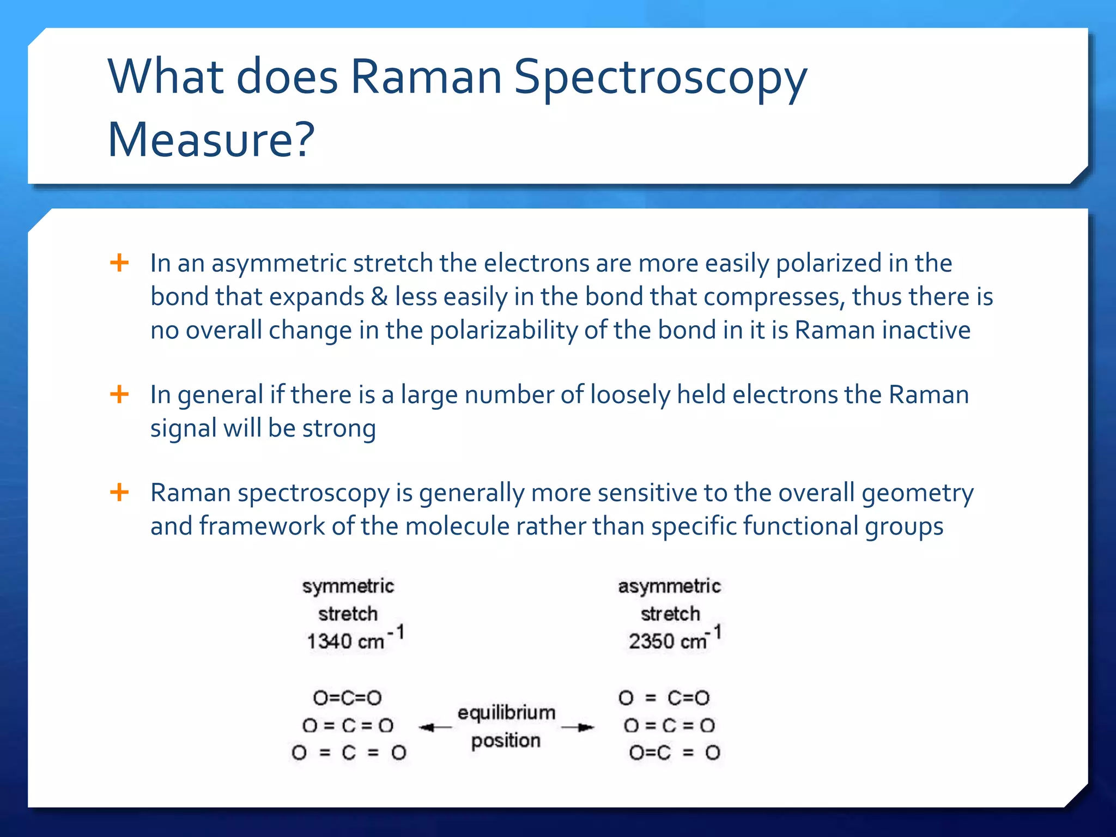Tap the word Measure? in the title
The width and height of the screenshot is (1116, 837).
211,140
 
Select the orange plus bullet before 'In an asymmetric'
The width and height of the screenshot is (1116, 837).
119,263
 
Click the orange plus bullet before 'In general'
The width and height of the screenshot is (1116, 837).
119,394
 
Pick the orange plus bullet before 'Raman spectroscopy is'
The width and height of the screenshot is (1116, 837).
119,493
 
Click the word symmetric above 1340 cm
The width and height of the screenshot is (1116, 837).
348,587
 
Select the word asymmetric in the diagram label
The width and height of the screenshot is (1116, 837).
669,587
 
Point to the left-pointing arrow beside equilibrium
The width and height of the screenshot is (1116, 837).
434,727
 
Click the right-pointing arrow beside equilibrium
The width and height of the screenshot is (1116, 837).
578,727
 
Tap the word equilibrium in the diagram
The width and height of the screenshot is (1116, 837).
506,713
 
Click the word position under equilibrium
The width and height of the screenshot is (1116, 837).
506,741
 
